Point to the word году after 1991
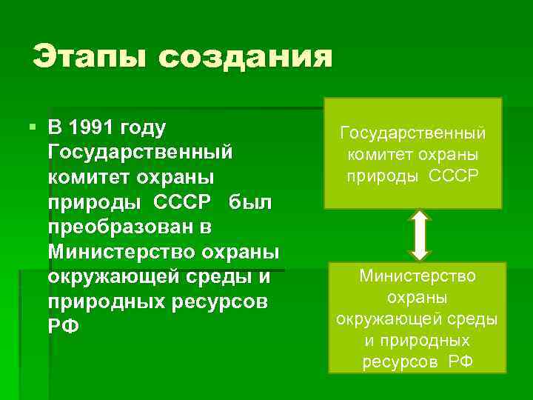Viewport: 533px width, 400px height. (146, 127)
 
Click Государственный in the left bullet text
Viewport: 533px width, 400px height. (140, 152)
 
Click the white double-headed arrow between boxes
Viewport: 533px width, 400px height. (420, 235)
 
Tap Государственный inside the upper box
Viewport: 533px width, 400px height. (413, 134)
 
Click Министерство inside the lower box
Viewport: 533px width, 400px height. (418, 276)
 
